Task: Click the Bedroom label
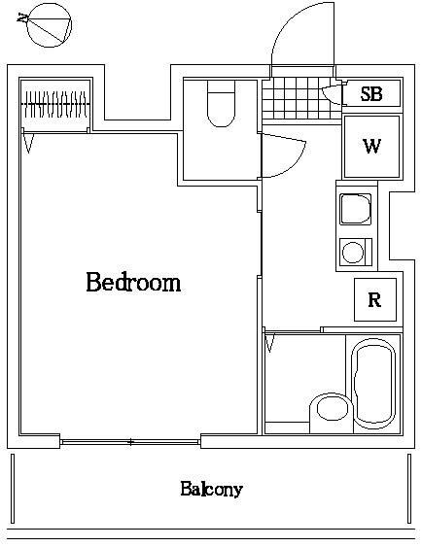click(x=133, y=284)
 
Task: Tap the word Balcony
click(x=210, y=489)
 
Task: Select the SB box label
click(x=370, y=94)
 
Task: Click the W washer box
click(x=370, y=147)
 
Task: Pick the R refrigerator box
click(x=373, y=300)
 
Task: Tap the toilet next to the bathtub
click(x=327, y=412)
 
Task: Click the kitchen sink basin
click(x=353, y=210)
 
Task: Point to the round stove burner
click(x=353, y=253)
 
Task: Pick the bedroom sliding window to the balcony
click(x=130, y=442)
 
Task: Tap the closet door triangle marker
click(x=29, y=142)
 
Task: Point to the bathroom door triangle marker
click(x=270, y=343)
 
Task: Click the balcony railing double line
click(x=210, y=533)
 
